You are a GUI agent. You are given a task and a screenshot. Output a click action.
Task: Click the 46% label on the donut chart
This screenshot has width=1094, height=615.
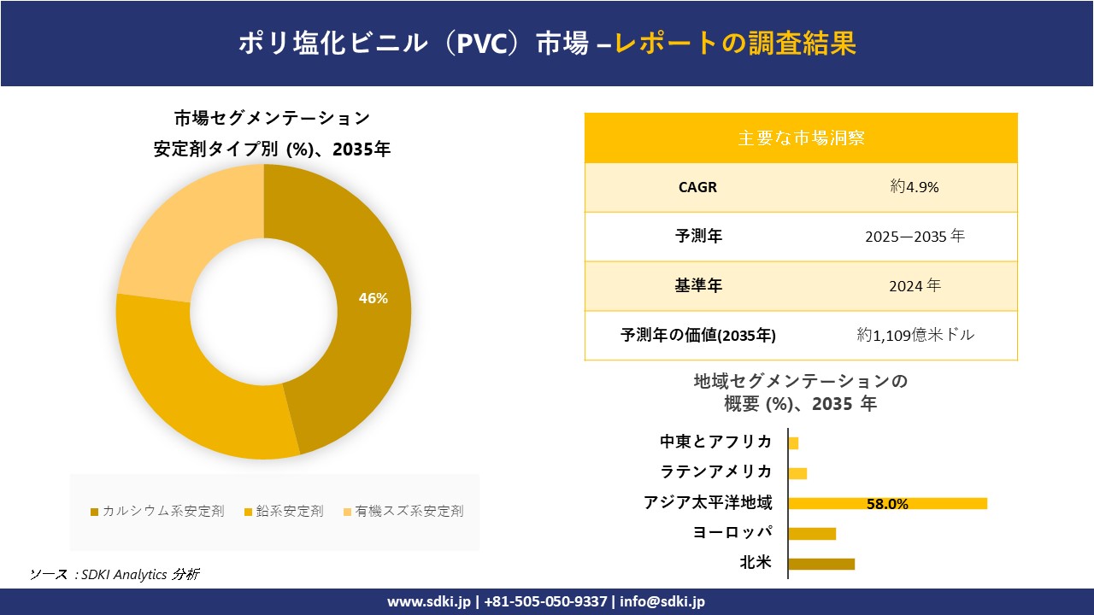373,299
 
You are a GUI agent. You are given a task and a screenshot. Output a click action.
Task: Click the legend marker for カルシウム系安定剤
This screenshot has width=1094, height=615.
94,512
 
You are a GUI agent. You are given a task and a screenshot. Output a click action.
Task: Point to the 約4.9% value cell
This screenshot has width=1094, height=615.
915,187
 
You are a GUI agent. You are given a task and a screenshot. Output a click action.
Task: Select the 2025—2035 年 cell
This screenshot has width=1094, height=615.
915,236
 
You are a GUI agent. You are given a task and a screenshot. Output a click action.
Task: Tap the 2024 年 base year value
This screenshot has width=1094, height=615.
915,286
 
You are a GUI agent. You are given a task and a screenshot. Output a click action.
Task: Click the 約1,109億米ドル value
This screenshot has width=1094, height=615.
915,335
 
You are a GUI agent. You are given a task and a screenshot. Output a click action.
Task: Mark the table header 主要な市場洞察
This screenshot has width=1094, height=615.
801,138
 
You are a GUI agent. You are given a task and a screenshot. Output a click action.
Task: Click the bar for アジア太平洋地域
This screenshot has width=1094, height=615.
887,503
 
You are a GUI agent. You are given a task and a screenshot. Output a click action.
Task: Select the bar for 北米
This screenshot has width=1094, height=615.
821,564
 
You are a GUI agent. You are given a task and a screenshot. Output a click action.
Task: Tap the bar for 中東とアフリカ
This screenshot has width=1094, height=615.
793,443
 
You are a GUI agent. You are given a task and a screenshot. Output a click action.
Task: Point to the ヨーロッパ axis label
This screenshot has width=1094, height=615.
732,532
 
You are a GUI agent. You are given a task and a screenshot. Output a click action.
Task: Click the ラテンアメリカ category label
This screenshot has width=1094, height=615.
716,471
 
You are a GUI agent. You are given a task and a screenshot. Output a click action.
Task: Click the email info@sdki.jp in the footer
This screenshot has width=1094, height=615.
662,601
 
